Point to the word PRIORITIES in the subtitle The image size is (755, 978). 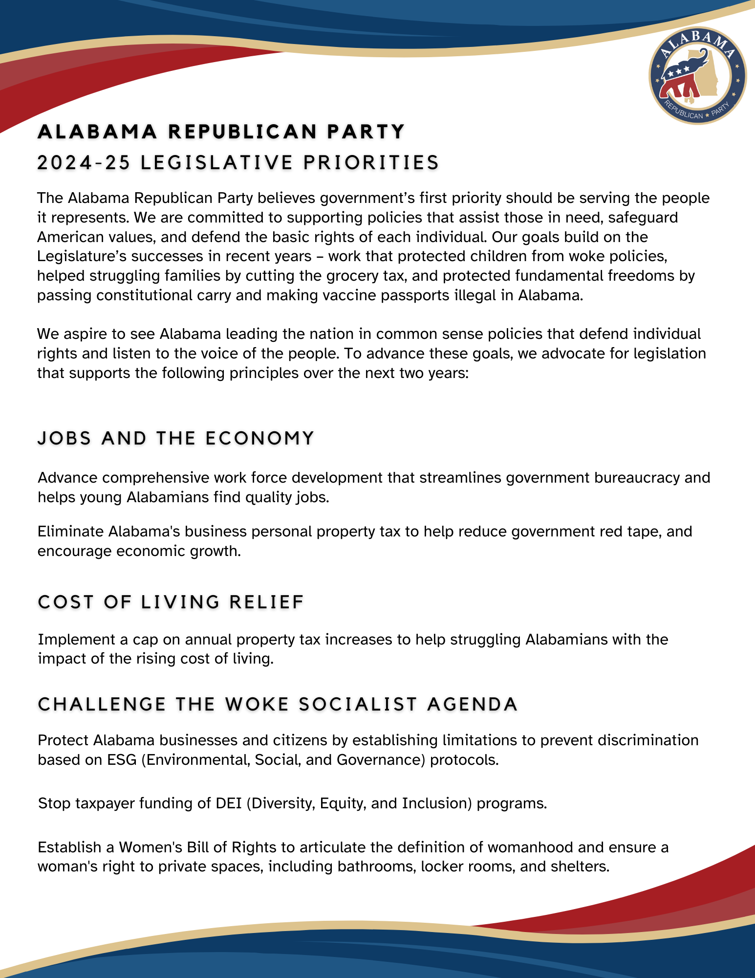click(371, 163)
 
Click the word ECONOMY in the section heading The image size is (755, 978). click(259, 438)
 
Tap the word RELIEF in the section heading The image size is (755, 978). click(267, 602)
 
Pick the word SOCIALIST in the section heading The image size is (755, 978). click(358, 704)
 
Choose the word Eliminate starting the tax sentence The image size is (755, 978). click(70, 531)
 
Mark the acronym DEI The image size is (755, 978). click(229, 803)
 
